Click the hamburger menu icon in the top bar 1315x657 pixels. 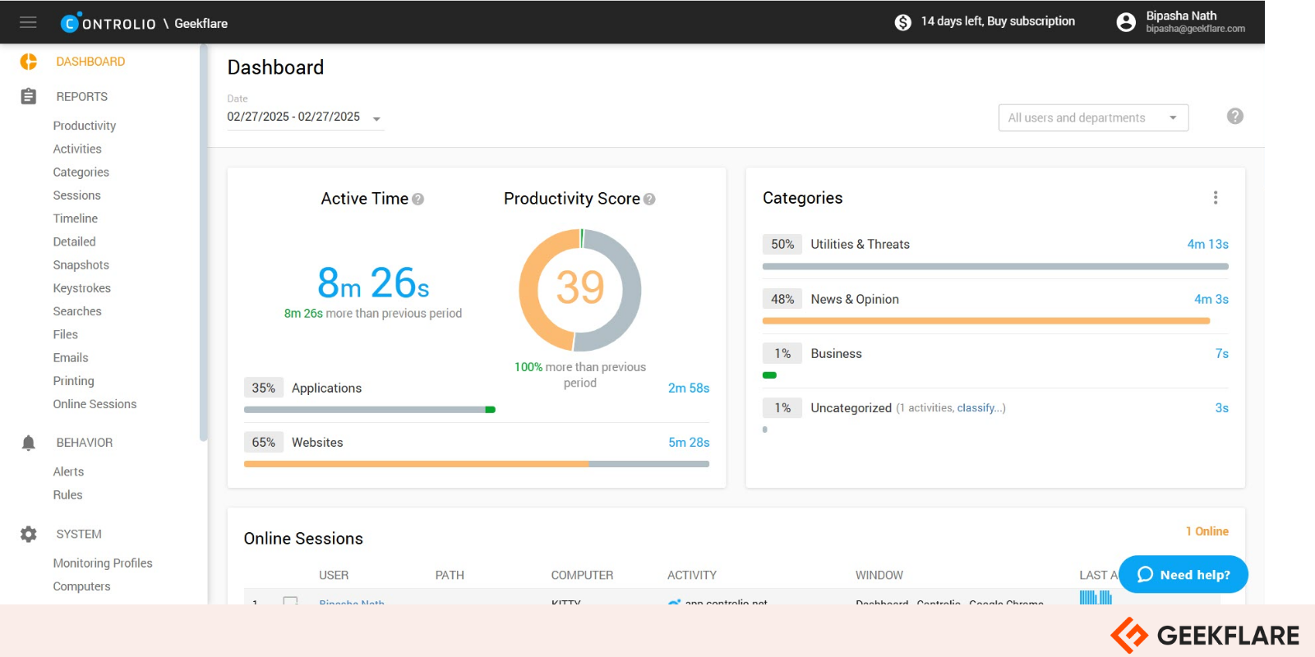click(x=28, y=22)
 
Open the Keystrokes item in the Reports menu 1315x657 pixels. click(x=81, y=288)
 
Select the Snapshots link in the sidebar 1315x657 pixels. click(x=81, y=265)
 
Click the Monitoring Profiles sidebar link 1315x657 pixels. click(x=103, y=563)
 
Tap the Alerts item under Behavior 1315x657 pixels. click(x=68, y=471)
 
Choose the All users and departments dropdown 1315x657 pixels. click(x=1092, y=117)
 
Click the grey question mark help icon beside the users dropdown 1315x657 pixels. click(x=1234, y=117)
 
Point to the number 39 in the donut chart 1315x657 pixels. click(x=580, y=287)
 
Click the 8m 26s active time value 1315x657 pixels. click(x=373, y=283)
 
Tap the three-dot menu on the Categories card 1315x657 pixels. click(x=1216, y=198)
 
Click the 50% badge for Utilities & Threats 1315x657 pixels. click(x=782, y=244)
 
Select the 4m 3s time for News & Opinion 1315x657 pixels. click(x=1211, y=299)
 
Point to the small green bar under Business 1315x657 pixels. click(x=769, y=375)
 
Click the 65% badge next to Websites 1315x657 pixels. click(x=263, y=442)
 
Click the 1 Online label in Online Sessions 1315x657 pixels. click(x=1207, y=531)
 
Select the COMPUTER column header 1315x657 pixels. click(x=582, y=575)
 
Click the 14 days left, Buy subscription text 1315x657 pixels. click(x=997, y=21)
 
